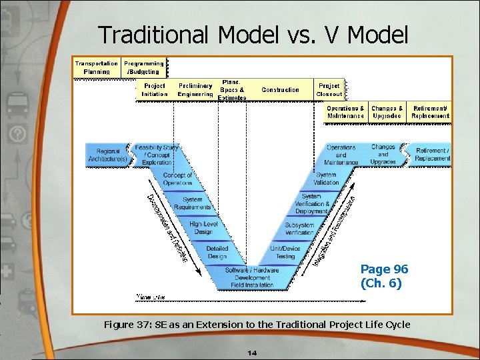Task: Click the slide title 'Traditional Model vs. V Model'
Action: [253, 35]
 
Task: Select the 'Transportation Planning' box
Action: [97, 67]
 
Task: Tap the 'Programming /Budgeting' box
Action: [143, 67]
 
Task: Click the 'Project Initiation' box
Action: [154, 90]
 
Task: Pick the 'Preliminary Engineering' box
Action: [195, 90]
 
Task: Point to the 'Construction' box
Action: [280, 90]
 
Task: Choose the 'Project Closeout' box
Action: [329, 90]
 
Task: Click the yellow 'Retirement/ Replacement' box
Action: [430, 112]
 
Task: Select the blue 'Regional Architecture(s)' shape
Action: [107, 155]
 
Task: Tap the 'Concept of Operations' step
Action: [177, 179]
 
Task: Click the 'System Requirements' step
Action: [192, 203]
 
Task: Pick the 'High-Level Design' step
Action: [203, 227]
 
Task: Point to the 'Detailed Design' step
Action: [217, 252]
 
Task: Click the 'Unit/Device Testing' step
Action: [285, 252]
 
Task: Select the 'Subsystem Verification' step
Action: [299, 229]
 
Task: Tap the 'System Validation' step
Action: [326, 179]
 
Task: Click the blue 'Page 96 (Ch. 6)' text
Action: [384, 275]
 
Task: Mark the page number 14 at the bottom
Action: [252, 353]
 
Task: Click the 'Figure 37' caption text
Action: [257, 325]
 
